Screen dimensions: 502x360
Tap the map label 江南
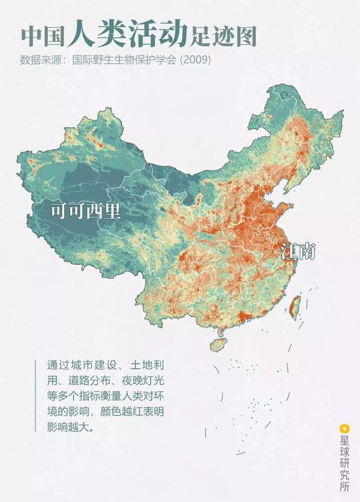[298, 252]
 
